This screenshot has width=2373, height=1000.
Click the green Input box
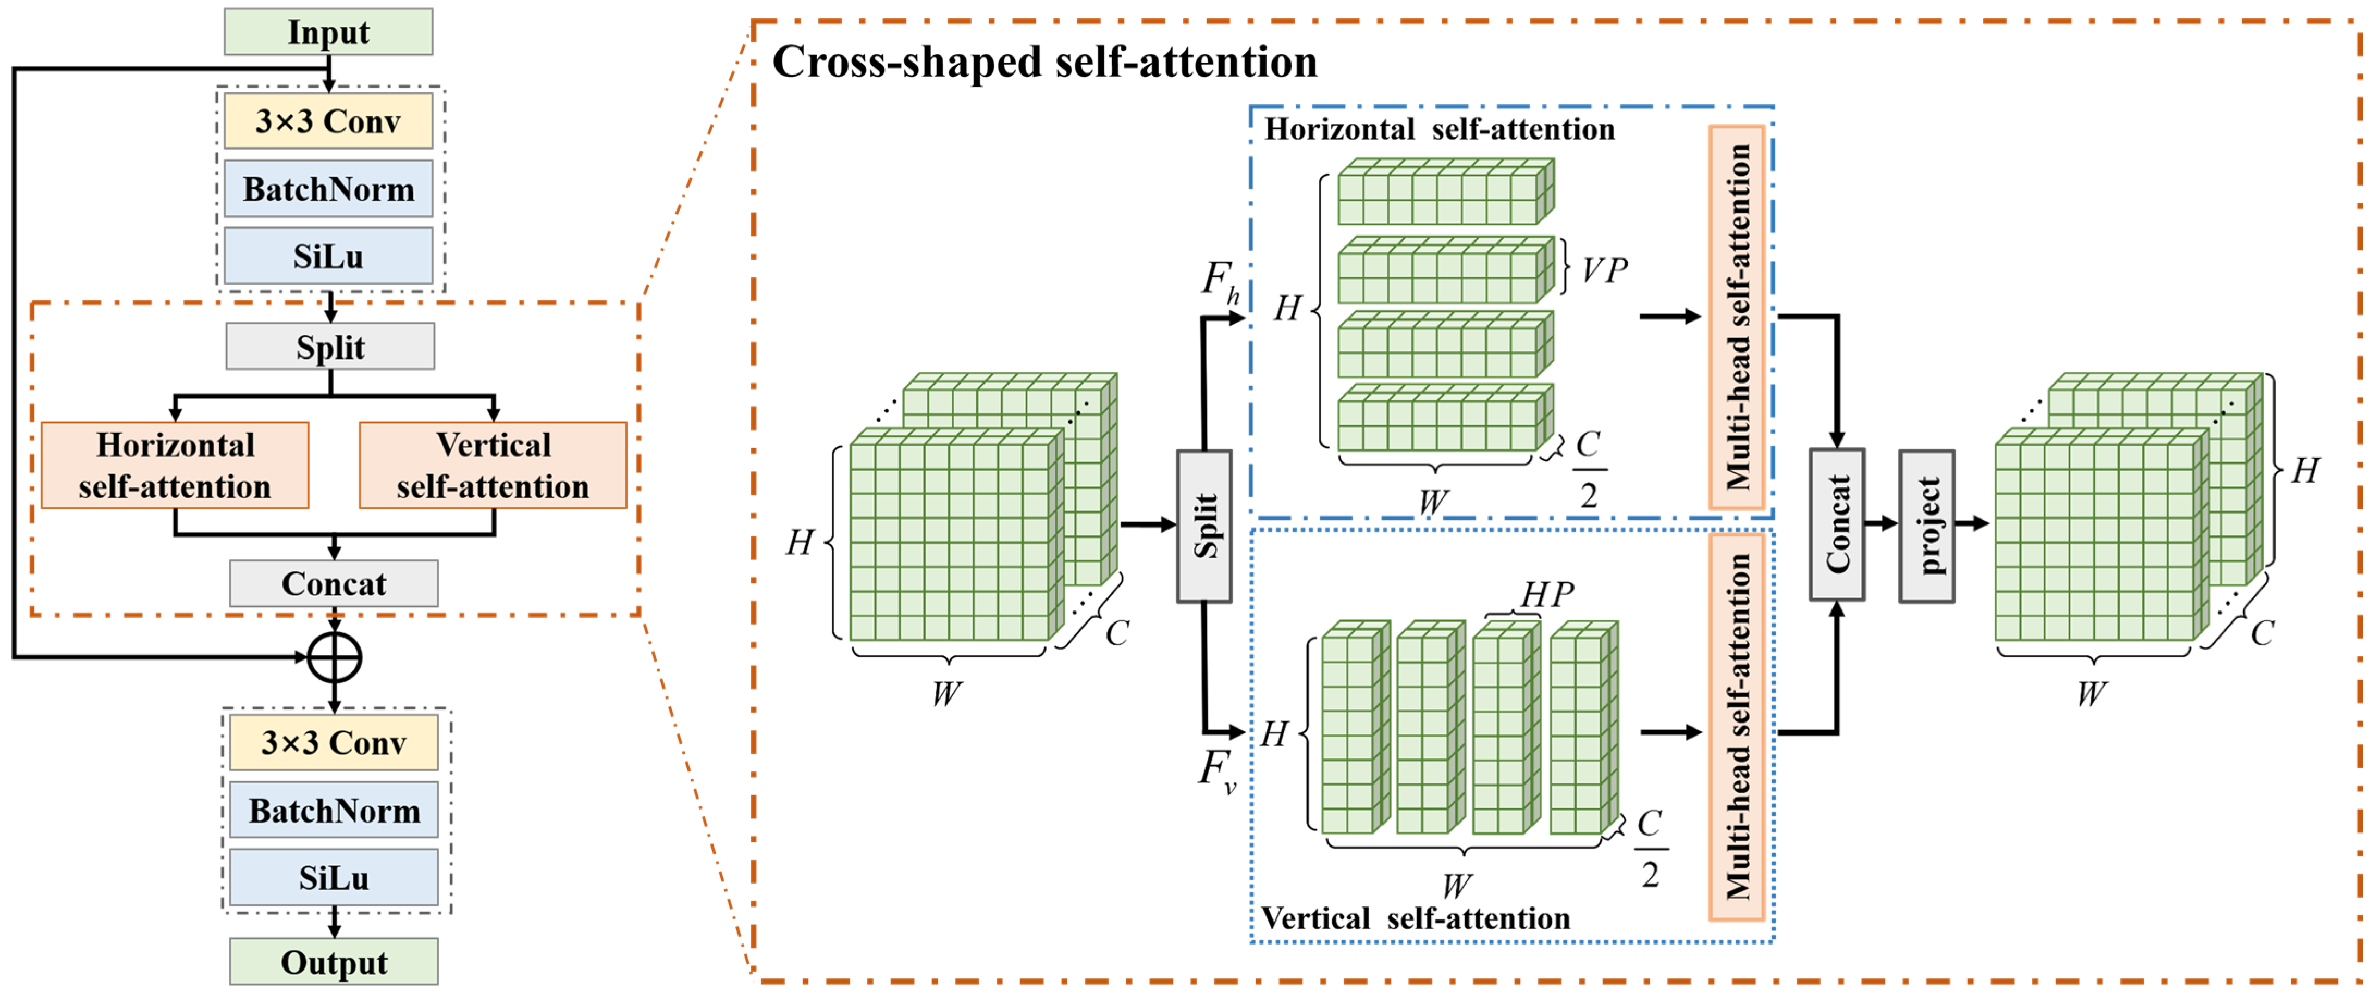(x=328, y=32)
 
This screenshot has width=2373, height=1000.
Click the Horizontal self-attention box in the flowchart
(x=175, y=465)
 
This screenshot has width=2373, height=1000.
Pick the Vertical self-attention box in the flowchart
(x=493, y=465)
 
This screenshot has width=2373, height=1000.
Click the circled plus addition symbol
(x=334, y=657)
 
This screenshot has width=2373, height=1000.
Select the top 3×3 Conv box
(x=328, y=121)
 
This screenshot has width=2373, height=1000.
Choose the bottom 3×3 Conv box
(x=334, y=742)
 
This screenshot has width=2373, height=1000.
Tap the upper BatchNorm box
(x=328, y=189)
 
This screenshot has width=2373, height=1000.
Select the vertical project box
(x=1926, y=526)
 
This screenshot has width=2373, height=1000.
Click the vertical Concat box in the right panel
(x=1837, y=524)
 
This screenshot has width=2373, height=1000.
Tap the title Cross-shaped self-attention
(x=1044, y=63)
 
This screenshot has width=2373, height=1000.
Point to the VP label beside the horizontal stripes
(x=1604, y=271)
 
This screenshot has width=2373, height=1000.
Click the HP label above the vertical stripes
(x=1547, y=595)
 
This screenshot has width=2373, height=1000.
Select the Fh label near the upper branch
(x=1221, y=280)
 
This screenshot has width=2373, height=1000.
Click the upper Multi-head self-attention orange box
(x=1736, y=317)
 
